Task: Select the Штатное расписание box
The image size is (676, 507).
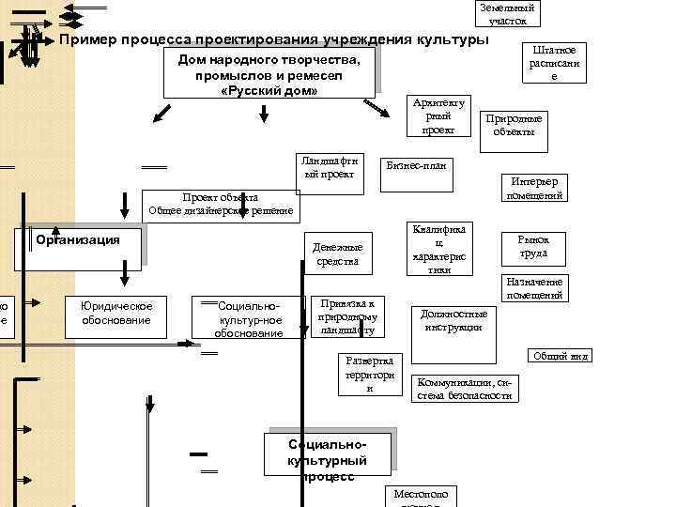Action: coord(554,63)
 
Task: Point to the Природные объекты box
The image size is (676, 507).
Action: coord(514,125)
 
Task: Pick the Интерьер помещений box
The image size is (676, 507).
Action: coord(535,189)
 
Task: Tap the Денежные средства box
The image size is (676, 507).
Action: coord(337,254)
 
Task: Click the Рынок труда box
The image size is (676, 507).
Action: coord(534,247)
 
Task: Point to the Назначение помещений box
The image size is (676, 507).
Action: coord(533,288)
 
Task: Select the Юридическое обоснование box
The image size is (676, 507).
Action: coord(115,314)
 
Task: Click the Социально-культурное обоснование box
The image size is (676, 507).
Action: coord(249,319)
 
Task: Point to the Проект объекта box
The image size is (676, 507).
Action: coord(221,204)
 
